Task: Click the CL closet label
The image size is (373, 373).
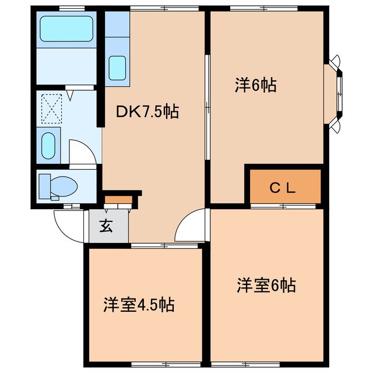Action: click(284, 188)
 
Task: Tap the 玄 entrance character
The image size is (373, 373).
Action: click(107, 226)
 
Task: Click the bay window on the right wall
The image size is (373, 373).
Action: click(339, 93)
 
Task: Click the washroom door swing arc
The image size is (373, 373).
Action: click(82, 153)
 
